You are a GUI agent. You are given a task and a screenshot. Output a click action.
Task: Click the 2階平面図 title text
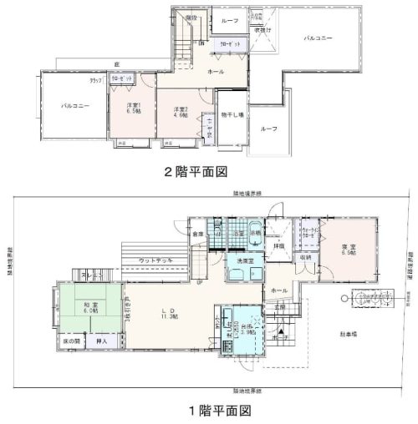pos(196,173)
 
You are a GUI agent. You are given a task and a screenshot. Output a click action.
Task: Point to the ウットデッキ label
pos(156,261)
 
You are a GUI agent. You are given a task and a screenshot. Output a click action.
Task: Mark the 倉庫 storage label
pos(197,235)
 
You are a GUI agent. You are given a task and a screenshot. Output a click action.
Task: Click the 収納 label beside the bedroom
pos(304,257)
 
